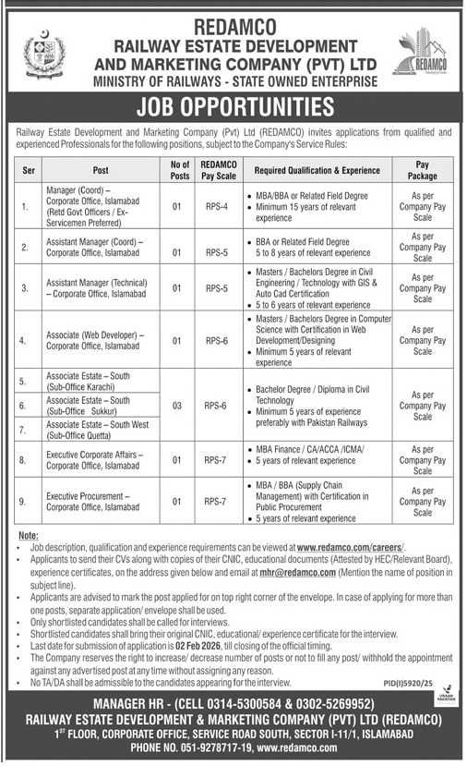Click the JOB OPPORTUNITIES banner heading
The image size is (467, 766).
coord(233,107)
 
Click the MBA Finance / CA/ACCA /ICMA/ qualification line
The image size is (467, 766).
coord(309,451)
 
